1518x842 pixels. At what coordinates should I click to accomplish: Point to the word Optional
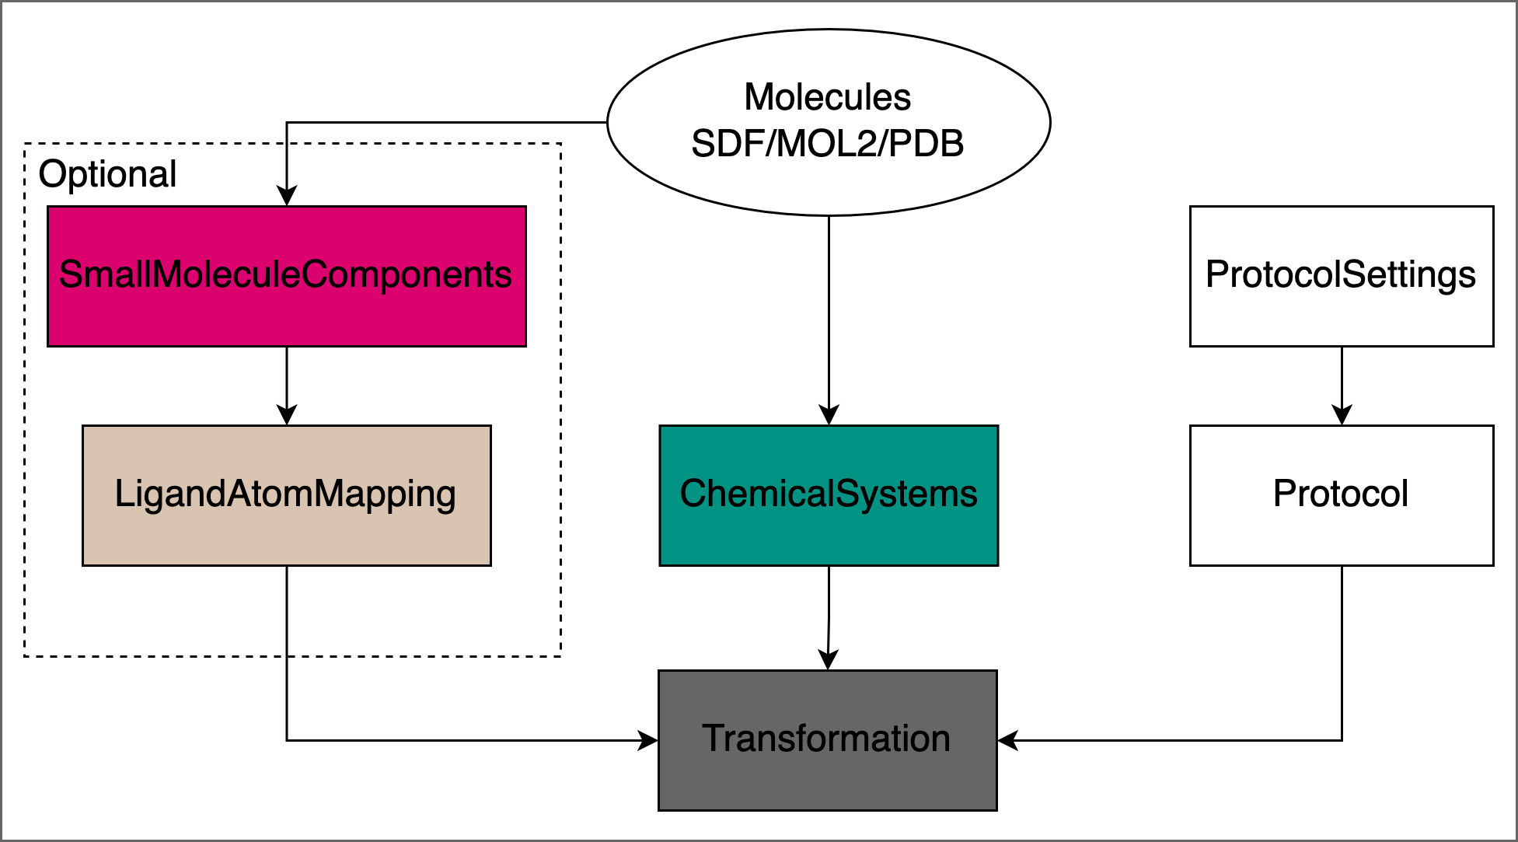pos(107,174)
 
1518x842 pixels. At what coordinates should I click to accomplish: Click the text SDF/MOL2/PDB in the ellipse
pos(827,144)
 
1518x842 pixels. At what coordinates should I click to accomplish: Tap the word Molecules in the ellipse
pos(827,98)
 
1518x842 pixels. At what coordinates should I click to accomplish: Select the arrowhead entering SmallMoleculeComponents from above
pos(287,196)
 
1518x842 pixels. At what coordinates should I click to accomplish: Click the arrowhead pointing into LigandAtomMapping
pos(287,415)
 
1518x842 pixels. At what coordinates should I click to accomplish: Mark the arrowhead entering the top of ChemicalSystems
pos(829,415)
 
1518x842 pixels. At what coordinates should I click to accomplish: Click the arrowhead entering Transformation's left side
pos(647,740)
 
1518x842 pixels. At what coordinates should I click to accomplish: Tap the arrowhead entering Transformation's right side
pos(1008,740)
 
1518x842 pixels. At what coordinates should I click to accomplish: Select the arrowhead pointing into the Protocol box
pos(1342,415)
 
